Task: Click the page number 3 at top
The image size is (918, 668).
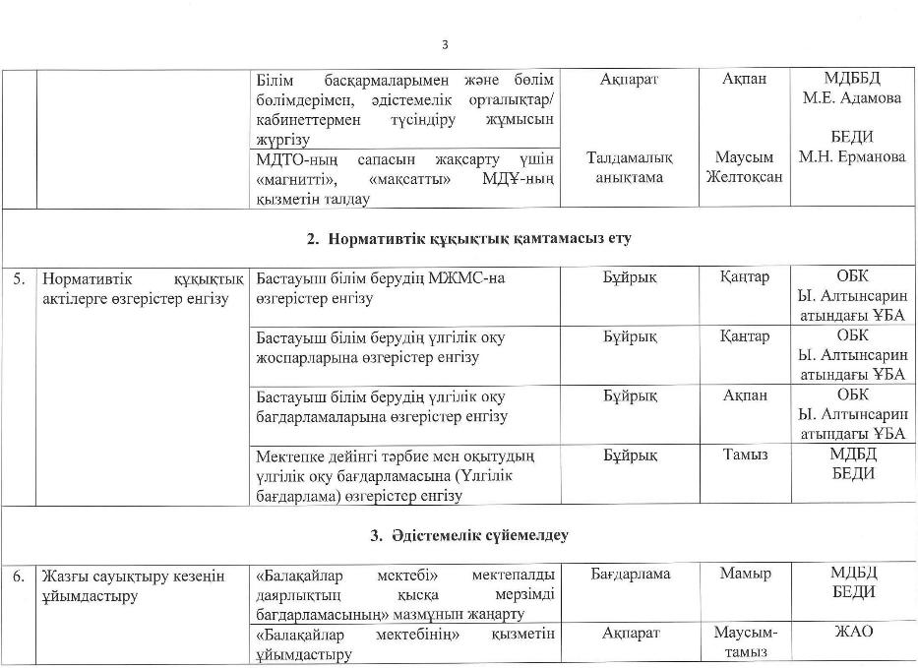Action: (x=445, y=44)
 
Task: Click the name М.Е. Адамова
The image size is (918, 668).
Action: (x=852, y=97)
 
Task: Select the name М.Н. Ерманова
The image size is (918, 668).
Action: (x=852, y=157)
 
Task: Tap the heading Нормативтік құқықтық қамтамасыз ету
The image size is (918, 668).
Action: (x=467, y=238)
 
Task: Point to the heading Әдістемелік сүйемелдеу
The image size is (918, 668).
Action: (x=468, y=536)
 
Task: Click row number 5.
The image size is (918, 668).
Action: (x=19, y=278)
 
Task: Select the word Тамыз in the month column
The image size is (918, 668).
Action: (x=745, y=455)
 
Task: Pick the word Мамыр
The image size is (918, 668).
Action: (x=745, y=574)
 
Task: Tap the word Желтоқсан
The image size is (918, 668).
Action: (x=745, y=177)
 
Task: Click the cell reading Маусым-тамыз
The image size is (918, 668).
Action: (x=745, y=642)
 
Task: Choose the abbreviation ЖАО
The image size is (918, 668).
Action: (x=852, y=633)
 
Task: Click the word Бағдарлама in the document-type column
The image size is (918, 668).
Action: (x=631, y=574)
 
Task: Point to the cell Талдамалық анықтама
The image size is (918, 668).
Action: (x=631, y=167)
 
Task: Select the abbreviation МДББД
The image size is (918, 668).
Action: (x=852, y=78)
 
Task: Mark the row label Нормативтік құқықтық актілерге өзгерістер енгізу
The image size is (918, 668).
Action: (x=135, y=287)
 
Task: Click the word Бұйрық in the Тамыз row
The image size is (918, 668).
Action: (x=631, y=455)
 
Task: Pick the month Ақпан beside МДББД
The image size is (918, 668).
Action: (x=745, y=78)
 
